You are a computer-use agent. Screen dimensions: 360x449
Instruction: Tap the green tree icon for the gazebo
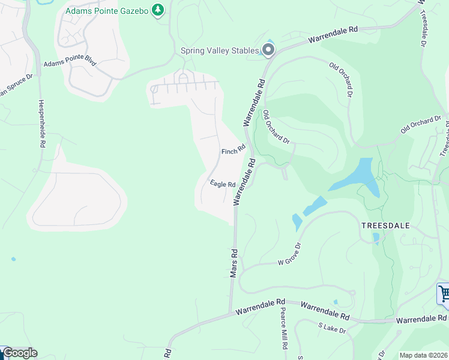click(x=158, y=10)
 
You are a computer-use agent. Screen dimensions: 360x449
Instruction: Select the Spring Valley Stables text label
click(x=220, y=51)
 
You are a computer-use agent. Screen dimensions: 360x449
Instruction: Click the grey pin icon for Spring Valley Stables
click(x=268, y=51)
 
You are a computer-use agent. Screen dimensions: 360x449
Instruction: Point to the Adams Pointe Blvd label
click(x=70, y=63)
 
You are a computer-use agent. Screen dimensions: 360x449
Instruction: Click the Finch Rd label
click(x=234, y=151)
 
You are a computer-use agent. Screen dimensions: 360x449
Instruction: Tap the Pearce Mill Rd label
click(x=283, y=330)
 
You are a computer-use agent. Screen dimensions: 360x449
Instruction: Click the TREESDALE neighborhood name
click(x=385, y=225)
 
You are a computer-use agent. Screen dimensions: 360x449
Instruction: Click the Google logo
click(x=19, y=353)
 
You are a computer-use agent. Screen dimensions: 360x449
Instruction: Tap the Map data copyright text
click(x=423, y=355)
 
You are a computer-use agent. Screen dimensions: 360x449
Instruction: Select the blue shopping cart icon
click(x=444, y=294)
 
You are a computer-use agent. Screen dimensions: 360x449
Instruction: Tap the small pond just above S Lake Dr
click(x=335, y=302)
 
